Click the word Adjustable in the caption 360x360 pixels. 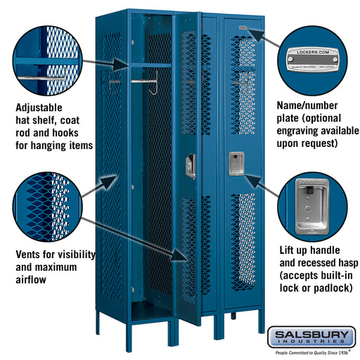tap(44, 108)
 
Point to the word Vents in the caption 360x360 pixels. tap(30, 253)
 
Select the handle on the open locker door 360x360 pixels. tap(190, 166)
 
